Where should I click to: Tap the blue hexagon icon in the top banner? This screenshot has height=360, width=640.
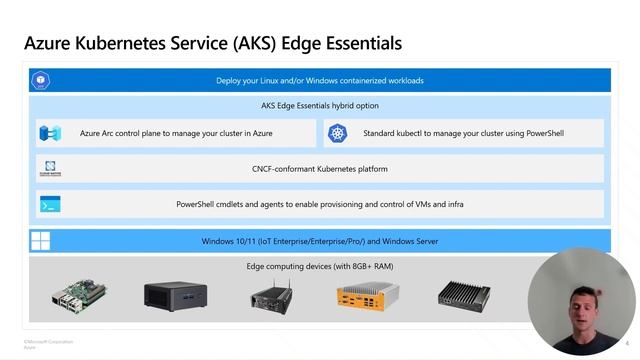pyautogui.click(x=42, y=81)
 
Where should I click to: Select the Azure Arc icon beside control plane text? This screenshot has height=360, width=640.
pyautogui.click(x=50, y=132)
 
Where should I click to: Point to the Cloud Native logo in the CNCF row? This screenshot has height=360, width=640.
pyautogui.click(x=51, y=168)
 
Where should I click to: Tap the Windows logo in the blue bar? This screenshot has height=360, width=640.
pyautogui.click(x=41, y=241)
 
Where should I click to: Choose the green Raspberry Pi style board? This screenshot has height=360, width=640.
pyautogui.click(x=79, y=294)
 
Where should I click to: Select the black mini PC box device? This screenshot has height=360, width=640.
pyautogui.click(x=175, y=295)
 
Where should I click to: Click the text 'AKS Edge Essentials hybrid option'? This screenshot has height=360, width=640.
pyautogui.click(x=320, y=106)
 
